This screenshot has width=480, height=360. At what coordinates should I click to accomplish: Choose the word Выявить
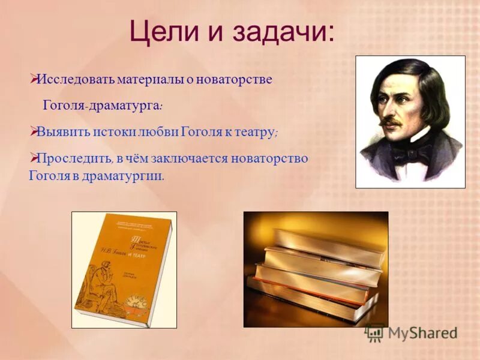point(62,133)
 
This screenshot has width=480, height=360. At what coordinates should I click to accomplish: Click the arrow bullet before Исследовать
point(34,79)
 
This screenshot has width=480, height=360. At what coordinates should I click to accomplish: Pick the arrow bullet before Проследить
point(34,158)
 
